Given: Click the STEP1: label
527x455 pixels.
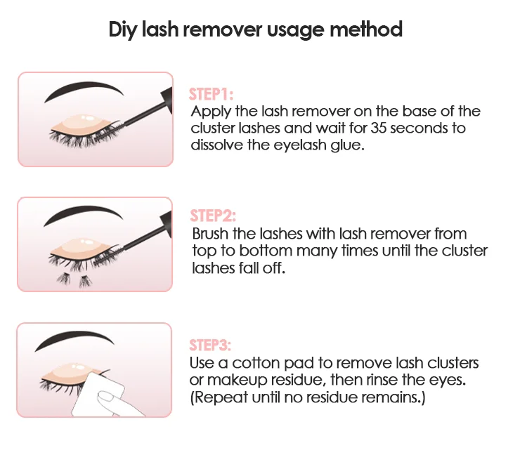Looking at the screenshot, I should pos(211,95).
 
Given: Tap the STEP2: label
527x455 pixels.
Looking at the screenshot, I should pos(212,216).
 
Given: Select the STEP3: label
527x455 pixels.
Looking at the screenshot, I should pos(210,345).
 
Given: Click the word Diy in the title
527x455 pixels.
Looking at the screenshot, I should pos(122,30).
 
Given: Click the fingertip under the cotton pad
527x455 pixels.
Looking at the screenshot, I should pos(107,398).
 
